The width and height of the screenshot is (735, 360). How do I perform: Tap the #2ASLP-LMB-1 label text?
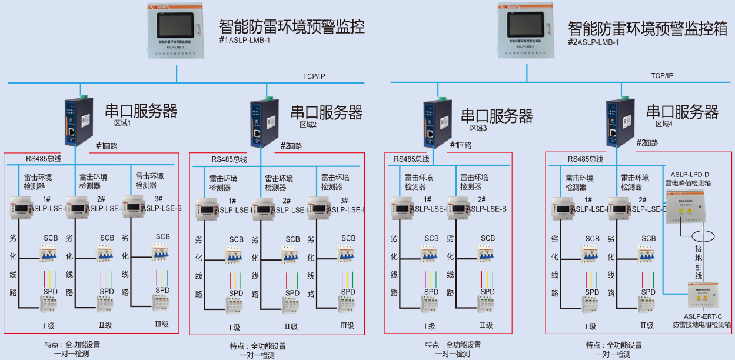[x=593, y=42]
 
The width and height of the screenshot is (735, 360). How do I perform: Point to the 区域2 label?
[x=308, y=125]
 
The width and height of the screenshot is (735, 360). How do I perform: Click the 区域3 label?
[x=478, y=128]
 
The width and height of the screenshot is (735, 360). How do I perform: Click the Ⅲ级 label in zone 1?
[x=161, y=324]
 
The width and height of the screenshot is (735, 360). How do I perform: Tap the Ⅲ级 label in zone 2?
[x=347, y=325]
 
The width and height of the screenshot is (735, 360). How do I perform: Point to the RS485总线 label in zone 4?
[x=586, y=159]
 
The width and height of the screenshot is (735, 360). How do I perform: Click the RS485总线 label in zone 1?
[x=44, y=159]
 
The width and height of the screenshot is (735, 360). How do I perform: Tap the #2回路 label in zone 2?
[x=291, y=146]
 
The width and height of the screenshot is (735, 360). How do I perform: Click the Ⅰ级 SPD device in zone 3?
[x=430, y=305]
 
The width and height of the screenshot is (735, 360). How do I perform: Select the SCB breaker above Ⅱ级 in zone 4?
[x=647, y=254]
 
